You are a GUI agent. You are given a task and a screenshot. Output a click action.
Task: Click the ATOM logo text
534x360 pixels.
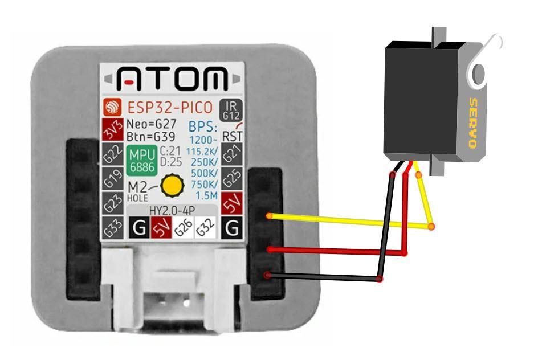point(172,79)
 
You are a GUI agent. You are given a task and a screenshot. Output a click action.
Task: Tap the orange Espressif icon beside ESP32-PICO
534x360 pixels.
point(112,107)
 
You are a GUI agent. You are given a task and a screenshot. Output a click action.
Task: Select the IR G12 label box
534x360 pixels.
point(231,111)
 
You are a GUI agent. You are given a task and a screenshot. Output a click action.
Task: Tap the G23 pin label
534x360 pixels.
point(112,203)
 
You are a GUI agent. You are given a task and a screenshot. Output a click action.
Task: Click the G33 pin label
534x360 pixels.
point(112,228)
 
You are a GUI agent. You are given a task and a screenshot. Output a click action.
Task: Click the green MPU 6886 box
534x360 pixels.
point(142,161)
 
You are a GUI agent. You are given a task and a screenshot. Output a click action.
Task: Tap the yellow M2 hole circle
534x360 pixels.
point(172,185)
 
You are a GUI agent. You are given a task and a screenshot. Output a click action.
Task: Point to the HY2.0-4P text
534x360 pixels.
point(172,211)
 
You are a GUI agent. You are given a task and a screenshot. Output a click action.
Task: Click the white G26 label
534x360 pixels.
point(184,228)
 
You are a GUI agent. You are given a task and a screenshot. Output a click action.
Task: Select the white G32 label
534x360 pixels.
point(205,228)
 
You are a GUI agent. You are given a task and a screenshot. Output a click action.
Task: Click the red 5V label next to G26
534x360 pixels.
point(161,228)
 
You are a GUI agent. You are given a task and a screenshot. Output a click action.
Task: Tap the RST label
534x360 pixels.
point(232,136)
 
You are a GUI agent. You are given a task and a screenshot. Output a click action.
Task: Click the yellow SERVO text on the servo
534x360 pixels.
point(473,123)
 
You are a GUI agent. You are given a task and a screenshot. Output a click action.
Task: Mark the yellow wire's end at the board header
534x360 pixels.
point(270,216)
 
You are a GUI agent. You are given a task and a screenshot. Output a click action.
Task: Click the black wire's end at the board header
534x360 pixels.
point(267,275)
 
